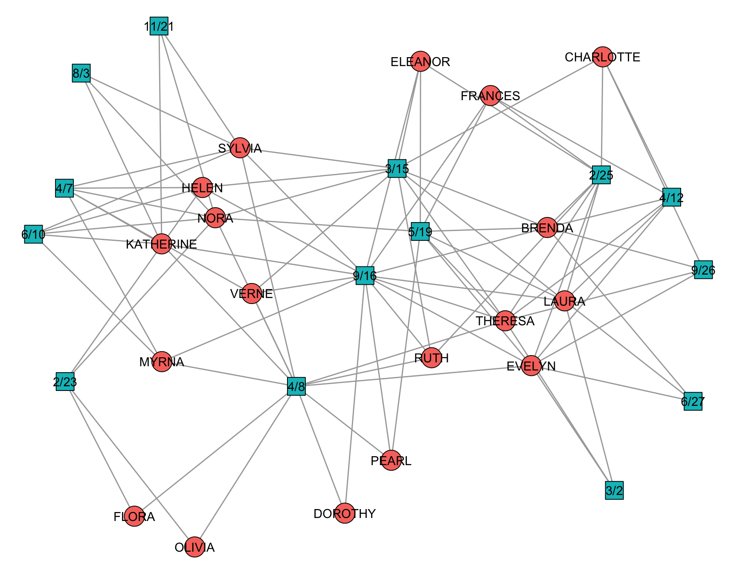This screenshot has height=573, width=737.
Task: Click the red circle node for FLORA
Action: pyautogui.click(x=134, y=516)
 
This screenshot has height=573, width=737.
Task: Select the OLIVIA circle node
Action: pyautogui.click(x=194, y=547)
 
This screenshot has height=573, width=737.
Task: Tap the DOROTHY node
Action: pyautogui.click(x=345, y=513)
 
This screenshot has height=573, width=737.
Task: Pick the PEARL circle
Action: pyautogui.click(x=391, y=460)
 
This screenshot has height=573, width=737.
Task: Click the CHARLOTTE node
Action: pyautogui.click(x=603, y=57)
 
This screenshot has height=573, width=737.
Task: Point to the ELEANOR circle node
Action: pyautogui.click(x=421, y=61)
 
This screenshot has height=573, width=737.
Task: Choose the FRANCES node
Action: pyautogui.click(x=490, y=95)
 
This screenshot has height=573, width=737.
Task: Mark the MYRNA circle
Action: pyautogui.click(x=162, y=362)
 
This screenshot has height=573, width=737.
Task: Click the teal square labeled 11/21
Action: pyautogui.click(x=159, y=26)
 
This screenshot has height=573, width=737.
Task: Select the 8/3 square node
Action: pyautogui.click(x=81, y=73)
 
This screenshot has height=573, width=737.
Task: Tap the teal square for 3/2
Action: pyautogui.click(x=614, y=490)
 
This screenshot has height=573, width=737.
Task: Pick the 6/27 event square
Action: pyautogui.click(x=693, y=401)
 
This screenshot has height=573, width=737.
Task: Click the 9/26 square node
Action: pyautogui.click(x=703, y=270)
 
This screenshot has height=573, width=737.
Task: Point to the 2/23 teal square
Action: pyautogui.click(x=65, y=382)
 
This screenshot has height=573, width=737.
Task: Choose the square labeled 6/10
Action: pyautogui.click(x=33, y=234)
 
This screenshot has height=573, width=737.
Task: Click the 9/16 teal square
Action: pyautogui.click(x=365, y=276)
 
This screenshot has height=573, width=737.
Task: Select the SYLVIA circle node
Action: pyautogui.click(x=240, y=148)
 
